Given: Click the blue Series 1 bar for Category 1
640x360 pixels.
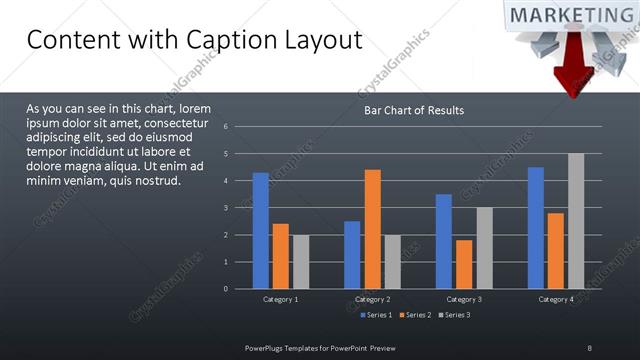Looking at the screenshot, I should tap(260, 231).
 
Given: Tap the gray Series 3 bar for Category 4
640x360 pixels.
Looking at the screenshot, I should tap(576, 221).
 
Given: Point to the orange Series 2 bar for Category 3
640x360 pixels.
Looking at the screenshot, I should tap(464, 264).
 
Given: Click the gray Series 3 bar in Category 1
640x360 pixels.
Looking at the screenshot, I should tap(300, 262).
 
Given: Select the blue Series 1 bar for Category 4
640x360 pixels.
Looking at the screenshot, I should tap(536, 228).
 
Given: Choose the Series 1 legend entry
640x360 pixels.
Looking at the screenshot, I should tap(376, 315).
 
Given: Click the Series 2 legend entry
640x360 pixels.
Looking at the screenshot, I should tap(415, 315).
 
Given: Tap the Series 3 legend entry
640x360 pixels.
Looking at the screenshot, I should tap(454, 315).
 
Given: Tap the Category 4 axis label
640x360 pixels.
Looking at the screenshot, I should tap(556, 299).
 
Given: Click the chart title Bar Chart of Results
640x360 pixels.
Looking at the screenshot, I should tap(413, 110).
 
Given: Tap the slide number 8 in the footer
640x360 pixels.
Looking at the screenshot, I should tap(589, 347).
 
